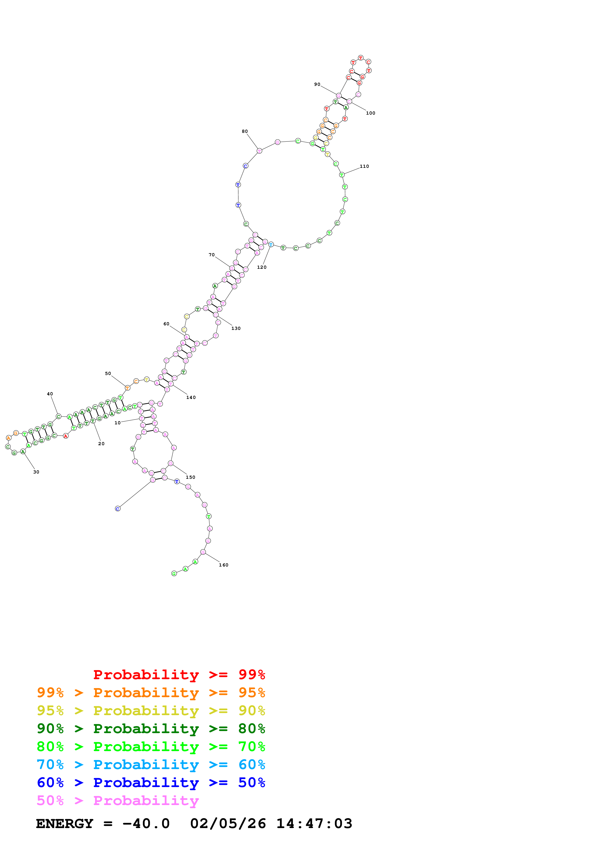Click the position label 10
(117, 423)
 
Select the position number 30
(36, 472)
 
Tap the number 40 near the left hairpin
(50, 394)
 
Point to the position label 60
(166, 324)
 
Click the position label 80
(245, 131)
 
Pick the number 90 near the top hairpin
(317, 84)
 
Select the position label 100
(371, 113)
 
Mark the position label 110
(364, 166)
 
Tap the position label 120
(262, 267)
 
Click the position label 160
(224, 565)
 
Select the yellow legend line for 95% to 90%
(151, 710)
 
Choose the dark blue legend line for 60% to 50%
(151, 783)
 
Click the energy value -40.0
(146, 824)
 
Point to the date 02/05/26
(228, 824)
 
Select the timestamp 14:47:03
(314, 824)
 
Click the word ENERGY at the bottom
(65, 824)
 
